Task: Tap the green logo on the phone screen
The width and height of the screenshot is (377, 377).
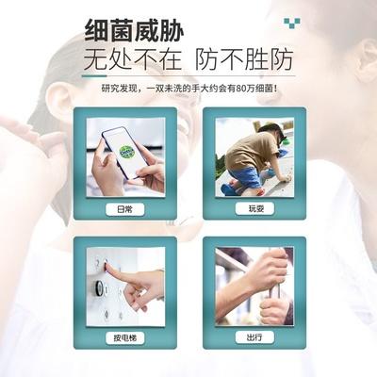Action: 124,151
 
